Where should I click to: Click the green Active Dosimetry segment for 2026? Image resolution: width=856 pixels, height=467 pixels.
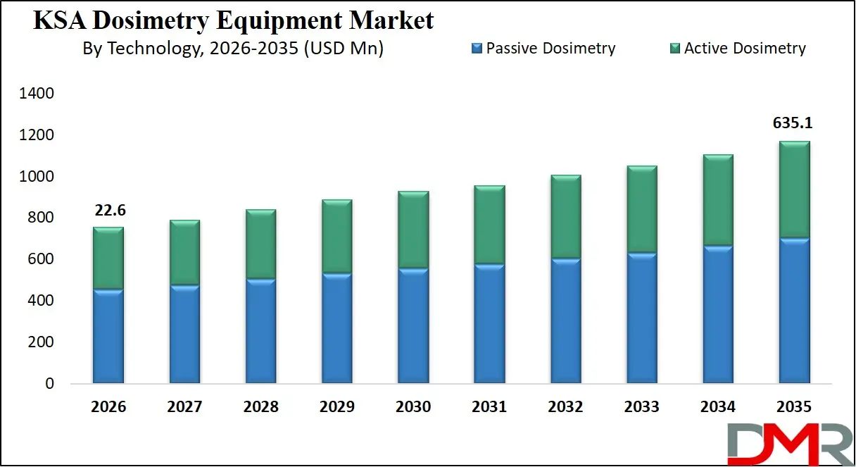pyautogui.click(x=108, y=258)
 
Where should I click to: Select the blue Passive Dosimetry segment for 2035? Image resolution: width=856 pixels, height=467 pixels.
pyautogui.click(x=793, y=311)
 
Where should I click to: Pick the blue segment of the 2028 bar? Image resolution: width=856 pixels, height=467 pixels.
pyautogui.click(x=260, y=331)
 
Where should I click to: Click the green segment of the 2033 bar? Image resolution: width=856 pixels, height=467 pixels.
pyautogui.click(x=642, y=209)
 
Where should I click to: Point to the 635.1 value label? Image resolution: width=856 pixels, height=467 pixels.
pyautogui.click(x=793, y=123)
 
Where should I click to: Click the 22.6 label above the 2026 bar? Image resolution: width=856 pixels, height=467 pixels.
pyautogui.click(x=108, y=210)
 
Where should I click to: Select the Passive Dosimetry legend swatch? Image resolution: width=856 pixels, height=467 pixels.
pyautogui.click(x=477, y=49)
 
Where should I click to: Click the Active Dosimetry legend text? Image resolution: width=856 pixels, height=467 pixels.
pyautogui.click(x=745, y=49)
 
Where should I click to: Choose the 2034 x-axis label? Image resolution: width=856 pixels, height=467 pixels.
pyautogui.click(x=717, y=406)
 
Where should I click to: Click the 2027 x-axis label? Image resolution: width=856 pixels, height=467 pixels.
pyautogui.click(x=184, y=406)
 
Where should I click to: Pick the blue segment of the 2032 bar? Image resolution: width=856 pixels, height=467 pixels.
pyautogui.click(x=565, y=321)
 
